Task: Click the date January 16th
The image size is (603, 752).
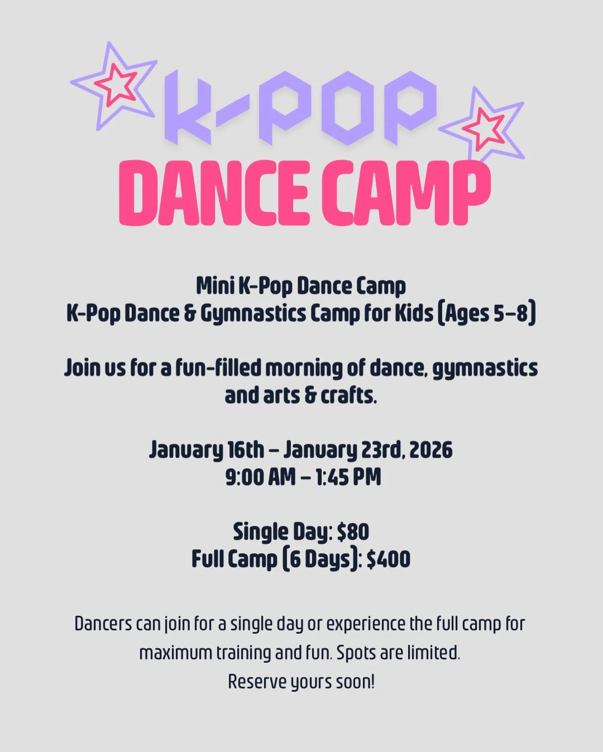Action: (206, 450)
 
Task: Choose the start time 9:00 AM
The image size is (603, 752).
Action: (260, 477)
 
